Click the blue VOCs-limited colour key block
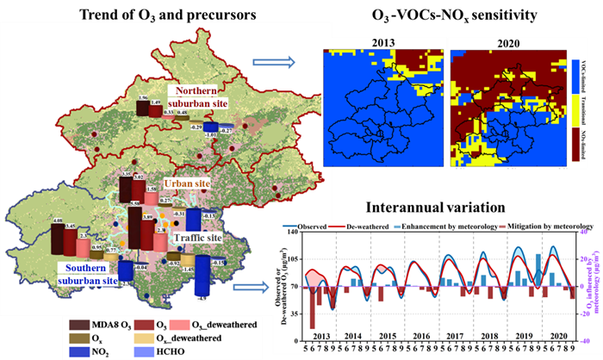tap(575, 75)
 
